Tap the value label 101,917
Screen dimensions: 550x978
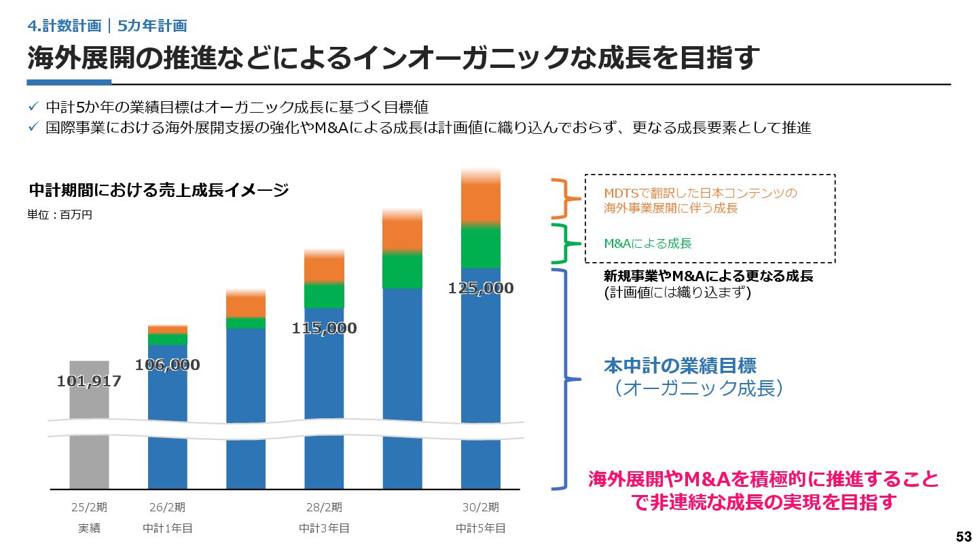tap(89, 382)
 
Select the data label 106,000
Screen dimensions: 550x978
tap(167, 365)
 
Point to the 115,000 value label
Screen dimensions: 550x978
tap(324, 329)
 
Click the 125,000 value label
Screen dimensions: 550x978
tap(481, 289)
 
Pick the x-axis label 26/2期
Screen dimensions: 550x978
tap(167, 507)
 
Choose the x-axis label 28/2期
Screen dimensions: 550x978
tap(324, 507)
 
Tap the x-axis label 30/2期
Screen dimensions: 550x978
tap(481, 507)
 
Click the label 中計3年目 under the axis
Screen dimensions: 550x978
tap(324, 528)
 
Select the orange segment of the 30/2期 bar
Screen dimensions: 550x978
tap(481, 200)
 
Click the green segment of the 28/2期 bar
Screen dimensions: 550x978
tap(324, 295)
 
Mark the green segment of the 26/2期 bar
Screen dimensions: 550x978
tap(167, 340)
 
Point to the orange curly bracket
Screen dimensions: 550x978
tap(565, 199)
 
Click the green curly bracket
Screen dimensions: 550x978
tap(565, 243)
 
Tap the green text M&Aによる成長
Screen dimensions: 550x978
tap(648, 243)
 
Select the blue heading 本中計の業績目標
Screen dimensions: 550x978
tap(680, 366)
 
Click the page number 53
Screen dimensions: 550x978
tap(963, 536)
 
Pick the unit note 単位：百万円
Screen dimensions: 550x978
tap(60, 215)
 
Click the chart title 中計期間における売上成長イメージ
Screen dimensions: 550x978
tap(159, 190)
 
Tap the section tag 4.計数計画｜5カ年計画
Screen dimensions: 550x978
tap(107, 26)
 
